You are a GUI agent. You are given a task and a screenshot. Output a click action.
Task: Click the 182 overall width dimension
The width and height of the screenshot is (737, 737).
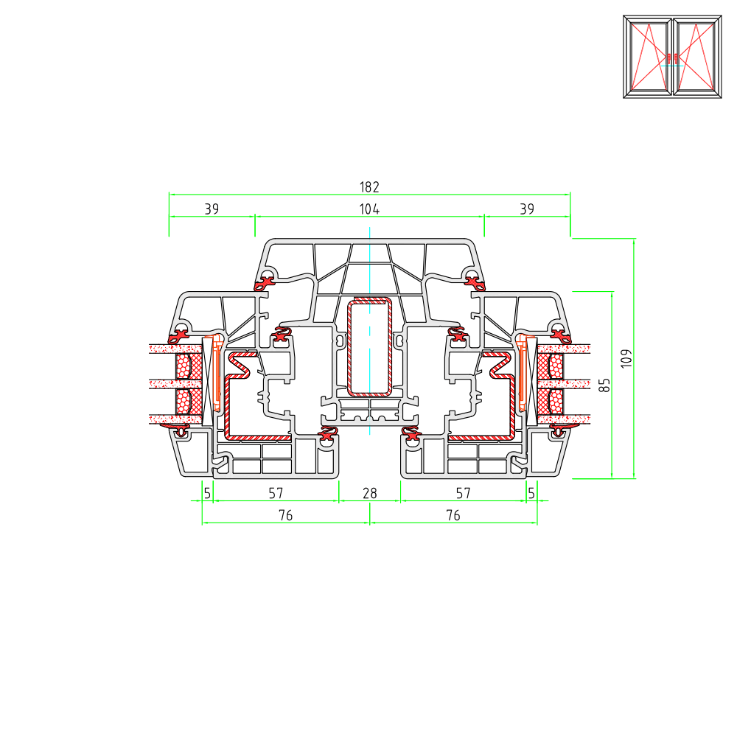point(369,187)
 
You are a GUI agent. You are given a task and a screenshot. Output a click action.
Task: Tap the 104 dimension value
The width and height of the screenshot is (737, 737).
point(369,209)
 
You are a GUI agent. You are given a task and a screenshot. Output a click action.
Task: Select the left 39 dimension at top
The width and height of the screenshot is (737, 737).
point(212,209)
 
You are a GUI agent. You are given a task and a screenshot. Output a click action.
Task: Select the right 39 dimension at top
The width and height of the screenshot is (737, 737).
point(527,209)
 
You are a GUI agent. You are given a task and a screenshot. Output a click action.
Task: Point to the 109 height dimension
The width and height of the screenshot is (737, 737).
point(626,359)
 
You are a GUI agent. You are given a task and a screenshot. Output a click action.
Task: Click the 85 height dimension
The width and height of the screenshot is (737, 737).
point(604,385)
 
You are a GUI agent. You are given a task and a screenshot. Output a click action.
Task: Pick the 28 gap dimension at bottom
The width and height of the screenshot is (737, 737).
point(370,494)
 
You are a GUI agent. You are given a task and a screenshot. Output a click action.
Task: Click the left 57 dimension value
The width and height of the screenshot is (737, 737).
point(276,494)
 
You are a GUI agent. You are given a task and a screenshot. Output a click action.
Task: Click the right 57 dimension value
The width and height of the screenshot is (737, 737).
point(463,494)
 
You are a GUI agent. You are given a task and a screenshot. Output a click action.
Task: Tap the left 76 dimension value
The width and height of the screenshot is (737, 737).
point(286,516)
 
